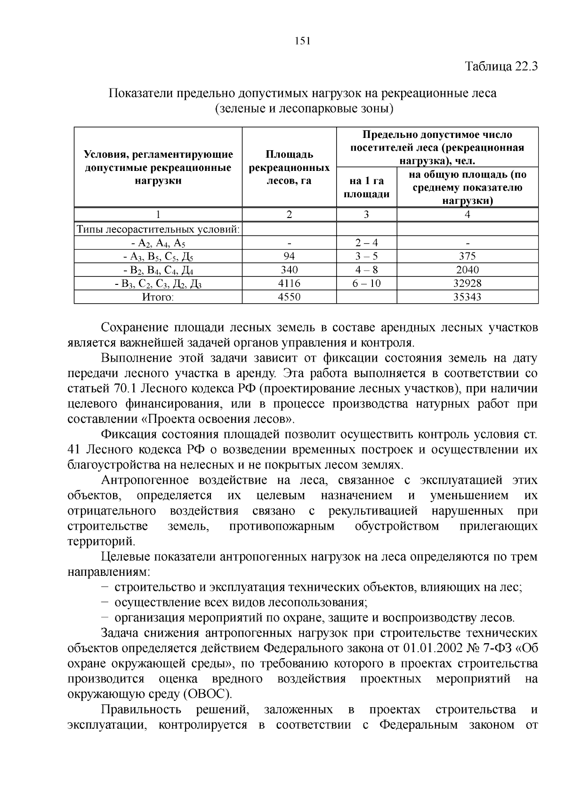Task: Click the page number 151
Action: click(x=302, y=41)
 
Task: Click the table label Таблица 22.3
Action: click(x=501, y=66)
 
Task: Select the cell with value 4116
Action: click(x=289, y=283)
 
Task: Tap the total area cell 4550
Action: click(x=289, y=297)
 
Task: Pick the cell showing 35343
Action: click(x=467, y=297)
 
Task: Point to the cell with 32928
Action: click(x=467, y=283)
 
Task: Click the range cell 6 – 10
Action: click(x=366, y=283)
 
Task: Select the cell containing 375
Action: click(x=467, y=256)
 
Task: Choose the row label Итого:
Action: click(x=158, y=297)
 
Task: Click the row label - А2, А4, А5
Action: click(x=158, y=243)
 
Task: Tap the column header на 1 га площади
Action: click(x=366, y=187)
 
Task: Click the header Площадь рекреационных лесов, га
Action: click(x=289, y=167)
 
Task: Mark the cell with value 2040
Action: click(x=467, y=270)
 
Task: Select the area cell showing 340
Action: click(x=289, y=270)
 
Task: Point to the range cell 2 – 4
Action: click(x=366, y=243)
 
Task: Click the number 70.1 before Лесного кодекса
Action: click(x=125, y=389)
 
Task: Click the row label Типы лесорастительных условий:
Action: click(x=158, y=230)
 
